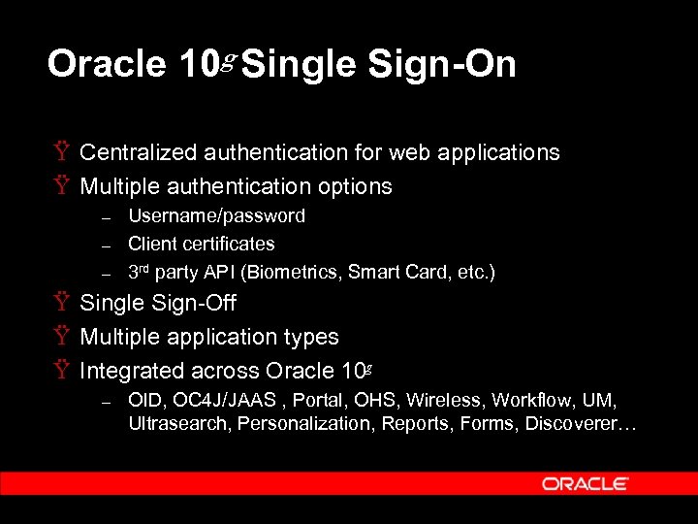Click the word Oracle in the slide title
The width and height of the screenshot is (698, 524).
(x=107, y=64)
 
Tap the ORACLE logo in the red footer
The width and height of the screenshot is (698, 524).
(x=586, y=483)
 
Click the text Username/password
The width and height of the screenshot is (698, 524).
(x=216, y=215)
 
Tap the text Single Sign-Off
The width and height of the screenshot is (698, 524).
(x=157, y=303)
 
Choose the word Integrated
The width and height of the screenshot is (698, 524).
(x=128, y=371)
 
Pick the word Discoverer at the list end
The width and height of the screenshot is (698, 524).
(x=576, y=423)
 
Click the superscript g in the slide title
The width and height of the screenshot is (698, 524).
(x=229, y=58)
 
